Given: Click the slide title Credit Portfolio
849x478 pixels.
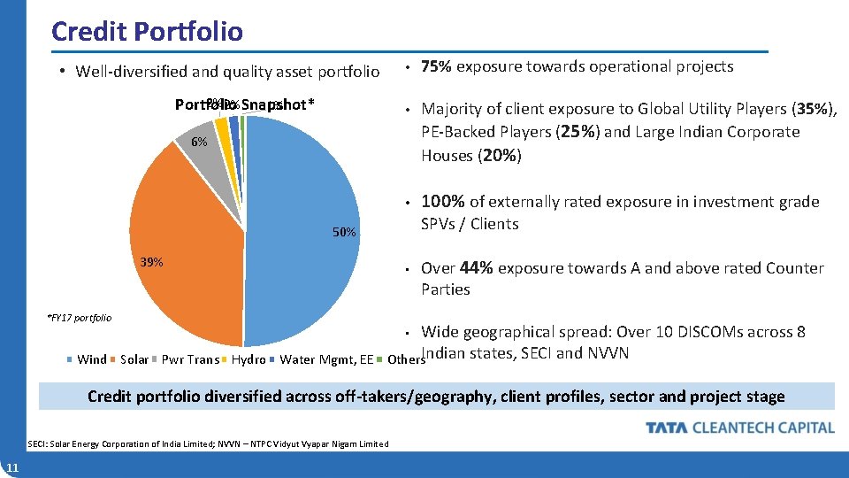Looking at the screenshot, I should (147, 32).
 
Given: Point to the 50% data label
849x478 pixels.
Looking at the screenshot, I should (344, 233).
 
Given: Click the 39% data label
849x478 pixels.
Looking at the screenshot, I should (151, 263).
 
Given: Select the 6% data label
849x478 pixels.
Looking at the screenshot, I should (199, 142).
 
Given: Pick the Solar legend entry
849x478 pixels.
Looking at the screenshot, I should (134, 359).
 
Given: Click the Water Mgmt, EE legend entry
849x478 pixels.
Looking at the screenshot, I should (325, 359).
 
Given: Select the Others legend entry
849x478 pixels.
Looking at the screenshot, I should (405, 359).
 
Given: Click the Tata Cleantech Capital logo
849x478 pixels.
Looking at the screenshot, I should (739, 428).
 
